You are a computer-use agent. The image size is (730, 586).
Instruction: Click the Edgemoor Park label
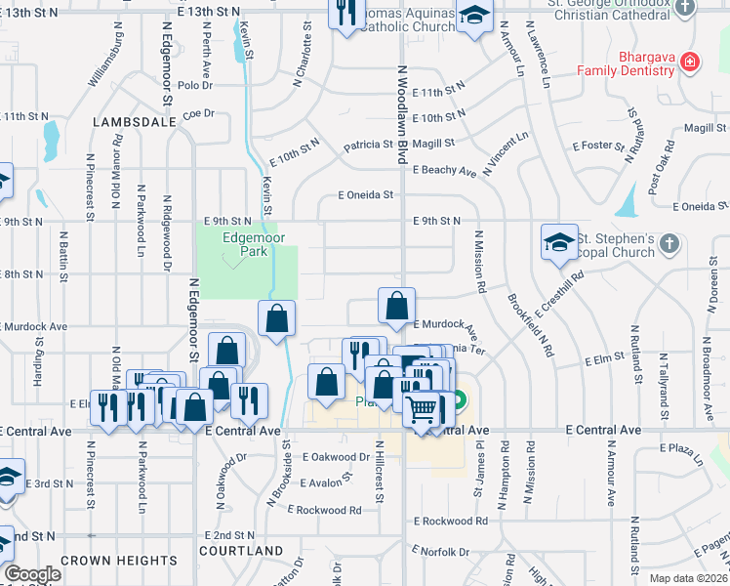[245, 243]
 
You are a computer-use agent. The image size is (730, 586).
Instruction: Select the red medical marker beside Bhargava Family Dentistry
[690, 62]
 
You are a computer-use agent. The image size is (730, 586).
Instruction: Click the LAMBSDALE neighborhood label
[135, 122]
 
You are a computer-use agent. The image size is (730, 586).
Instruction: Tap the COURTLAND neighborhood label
[242, 551]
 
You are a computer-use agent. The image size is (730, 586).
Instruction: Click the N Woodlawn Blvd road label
[402, 107]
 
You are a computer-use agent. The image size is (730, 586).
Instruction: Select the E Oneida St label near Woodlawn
[365, 195]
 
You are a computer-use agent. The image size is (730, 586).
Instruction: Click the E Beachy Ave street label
[444, 171]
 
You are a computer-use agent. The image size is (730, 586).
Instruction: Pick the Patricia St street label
[367, 145]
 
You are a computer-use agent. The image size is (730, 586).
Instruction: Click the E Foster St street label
[598, 146]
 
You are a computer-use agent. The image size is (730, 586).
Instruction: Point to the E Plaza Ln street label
[688, 448]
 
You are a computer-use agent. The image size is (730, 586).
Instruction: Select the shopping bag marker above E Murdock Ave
[397, 306]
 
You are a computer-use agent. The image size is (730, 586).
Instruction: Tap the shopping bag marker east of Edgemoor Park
[277, 318]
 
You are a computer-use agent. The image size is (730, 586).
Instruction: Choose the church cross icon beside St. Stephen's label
[669, 243]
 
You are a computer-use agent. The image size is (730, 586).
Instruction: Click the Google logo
[33, 574]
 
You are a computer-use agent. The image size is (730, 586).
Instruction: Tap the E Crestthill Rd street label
[559, 292]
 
